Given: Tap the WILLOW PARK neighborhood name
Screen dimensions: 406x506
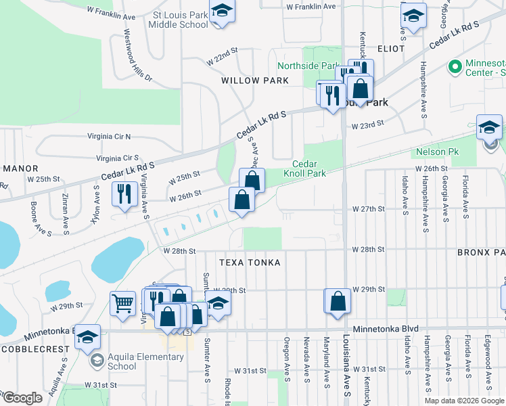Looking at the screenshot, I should (x=255, y=81).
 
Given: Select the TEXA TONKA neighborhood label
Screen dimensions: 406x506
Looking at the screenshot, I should (x=250, y=262).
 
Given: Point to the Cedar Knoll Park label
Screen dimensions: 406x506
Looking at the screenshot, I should (x=309, y=168).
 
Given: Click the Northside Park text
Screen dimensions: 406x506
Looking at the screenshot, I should (x=307, y=66).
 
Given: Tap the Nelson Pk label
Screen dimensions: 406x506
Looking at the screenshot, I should (x=437, y=152).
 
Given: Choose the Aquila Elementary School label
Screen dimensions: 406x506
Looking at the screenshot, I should (x=121, y=362).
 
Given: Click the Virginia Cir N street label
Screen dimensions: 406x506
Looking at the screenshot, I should (x=109, y=136).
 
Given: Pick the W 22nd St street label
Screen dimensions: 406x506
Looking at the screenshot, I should (x=223, y=55).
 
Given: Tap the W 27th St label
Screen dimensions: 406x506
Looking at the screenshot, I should (x=368, y=210).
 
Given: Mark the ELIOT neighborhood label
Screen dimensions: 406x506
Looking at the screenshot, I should (x=391, y=49).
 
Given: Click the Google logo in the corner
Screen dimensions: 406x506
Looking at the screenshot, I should (x=22, y=398).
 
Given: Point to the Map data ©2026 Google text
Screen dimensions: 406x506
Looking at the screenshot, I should (x=464, y=401).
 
